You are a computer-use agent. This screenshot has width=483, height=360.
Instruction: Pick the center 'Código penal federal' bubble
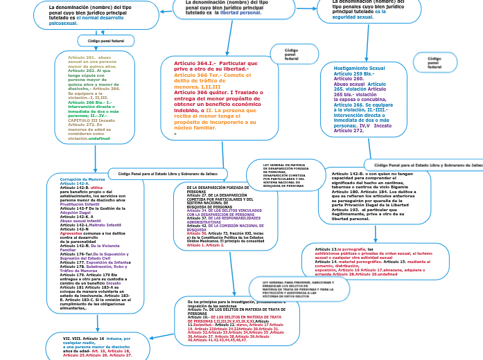tap(291, 54)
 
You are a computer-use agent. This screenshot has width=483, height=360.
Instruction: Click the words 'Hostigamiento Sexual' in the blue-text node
tap(359, 69)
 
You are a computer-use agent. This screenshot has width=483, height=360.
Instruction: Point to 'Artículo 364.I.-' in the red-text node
tap(195, 63)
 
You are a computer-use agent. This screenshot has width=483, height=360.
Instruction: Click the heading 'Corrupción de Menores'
tap(78, 179)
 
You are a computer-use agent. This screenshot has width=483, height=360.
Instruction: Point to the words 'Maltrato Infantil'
tap(104, 225)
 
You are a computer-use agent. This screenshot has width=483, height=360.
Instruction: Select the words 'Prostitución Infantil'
tap(80, 204)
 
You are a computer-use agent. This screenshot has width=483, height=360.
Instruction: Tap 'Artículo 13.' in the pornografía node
tap(326, 249)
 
